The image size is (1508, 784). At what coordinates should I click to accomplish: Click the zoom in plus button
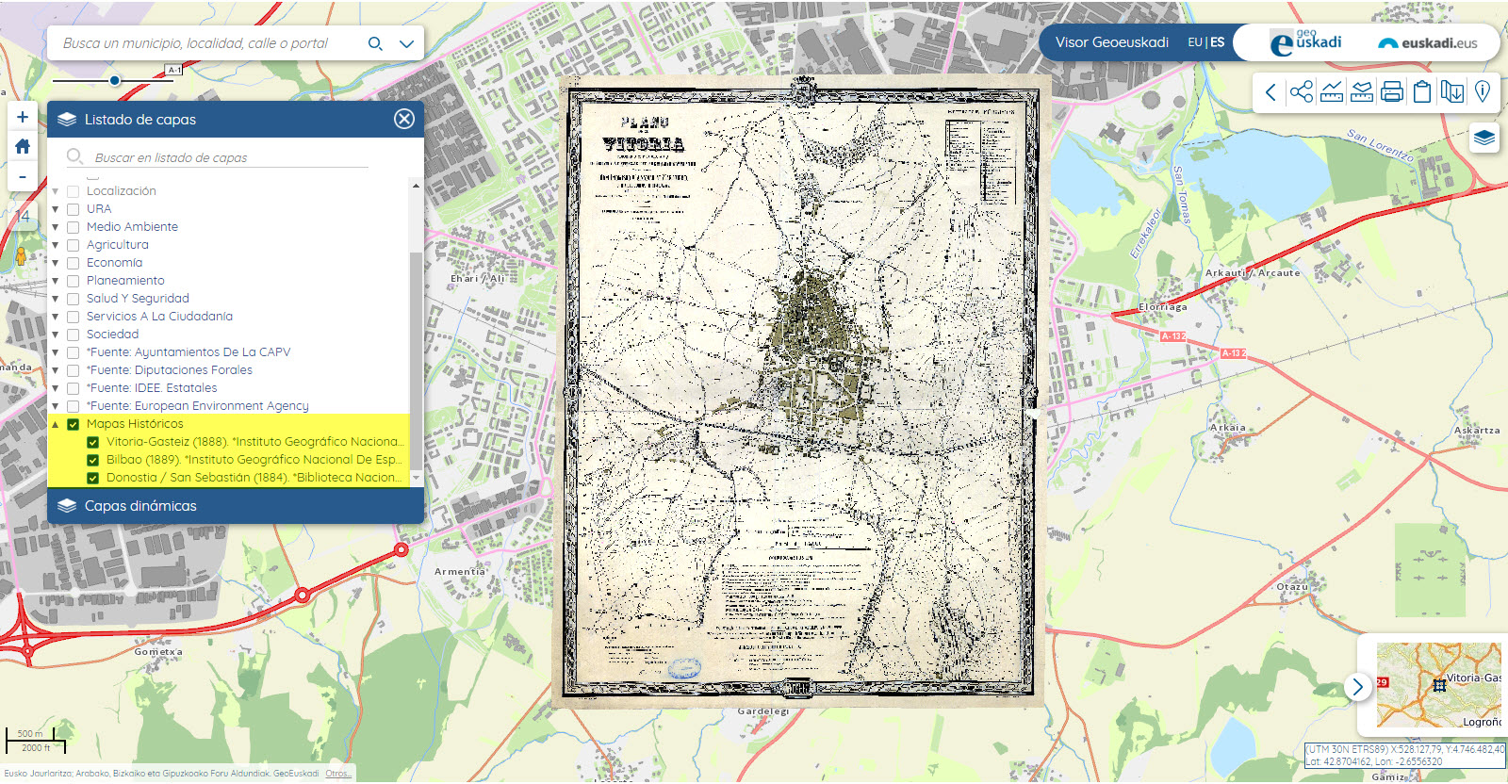click(x=23, y=117)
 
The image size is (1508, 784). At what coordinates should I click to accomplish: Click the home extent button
click(x=23, y=147)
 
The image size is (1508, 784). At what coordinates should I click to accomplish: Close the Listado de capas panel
click(x=404, y=119)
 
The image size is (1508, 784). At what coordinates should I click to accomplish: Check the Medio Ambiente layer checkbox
click(x=73, y=227)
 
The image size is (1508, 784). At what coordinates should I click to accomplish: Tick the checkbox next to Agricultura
click(x=73, y=245)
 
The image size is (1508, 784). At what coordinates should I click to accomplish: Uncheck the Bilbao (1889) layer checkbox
click(x=92, y=460)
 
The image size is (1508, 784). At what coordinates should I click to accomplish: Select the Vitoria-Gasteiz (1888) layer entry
click(x=254, y=442)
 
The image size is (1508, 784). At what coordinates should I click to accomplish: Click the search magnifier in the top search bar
click(x=375, y=43)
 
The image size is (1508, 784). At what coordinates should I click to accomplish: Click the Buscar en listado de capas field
click(x=226, y=157)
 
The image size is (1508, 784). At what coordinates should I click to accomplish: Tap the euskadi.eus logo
click(x=1427, y=43)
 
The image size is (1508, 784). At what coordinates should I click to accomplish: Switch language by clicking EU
click(x=1194, y=42)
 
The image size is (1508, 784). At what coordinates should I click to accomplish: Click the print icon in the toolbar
click(x=1392, y=91)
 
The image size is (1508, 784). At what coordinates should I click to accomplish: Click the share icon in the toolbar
click(x=1302, y=91)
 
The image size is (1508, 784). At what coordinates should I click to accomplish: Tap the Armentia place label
click(x=460, y=572)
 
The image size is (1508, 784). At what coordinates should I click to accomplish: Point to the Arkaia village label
click(x=1228, y=428)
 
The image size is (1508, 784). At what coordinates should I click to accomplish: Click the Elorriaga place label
click(x=1163, y=307)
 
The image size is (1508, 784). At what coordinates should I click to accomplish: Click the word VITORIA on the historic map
click(x=644, y=144)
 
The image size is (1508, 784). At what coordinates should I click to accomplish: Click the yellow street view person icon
click(x=21, y=256)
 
